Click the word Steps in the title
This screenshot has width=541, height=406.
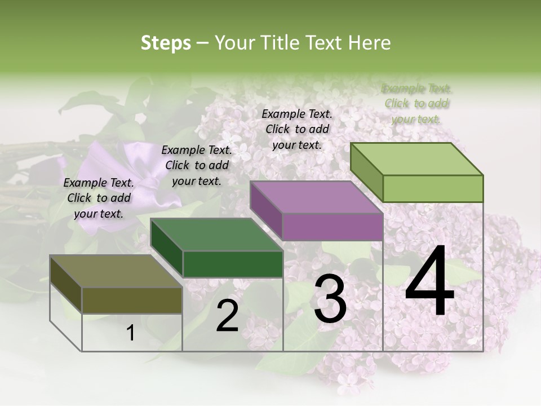(166, 43)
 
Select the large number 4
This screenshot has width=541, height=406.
(429, 282)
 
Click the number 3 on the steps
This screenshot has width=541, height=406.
(330, 299)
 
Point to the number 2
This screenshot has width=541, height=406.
(227, 316)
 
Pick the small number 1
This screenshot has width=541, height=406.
(131, 333)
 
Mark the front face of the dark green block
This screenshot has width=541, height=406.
(233, 264)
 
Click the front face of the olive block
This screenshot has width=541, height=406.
(132, 300)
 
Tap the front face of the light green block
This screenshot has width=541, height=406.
(433, 188)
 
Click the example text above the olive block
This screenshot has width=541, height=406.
(99, 198)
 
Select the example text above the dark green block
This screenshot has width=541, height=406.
(197, 165)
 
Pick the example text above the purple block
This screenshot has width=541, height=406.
(297, 129)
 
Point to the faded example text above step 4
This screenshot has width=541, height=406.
(416, 103)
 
